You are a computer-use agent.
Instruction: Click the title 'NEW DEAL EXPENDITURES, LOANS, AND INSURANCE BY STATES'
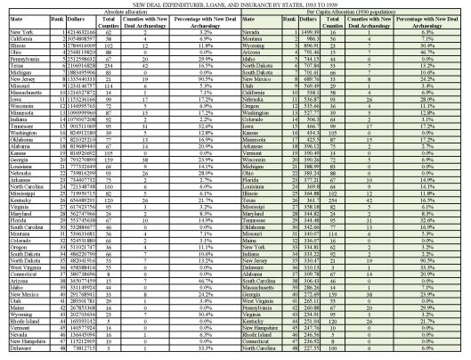tap(235, 4)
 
